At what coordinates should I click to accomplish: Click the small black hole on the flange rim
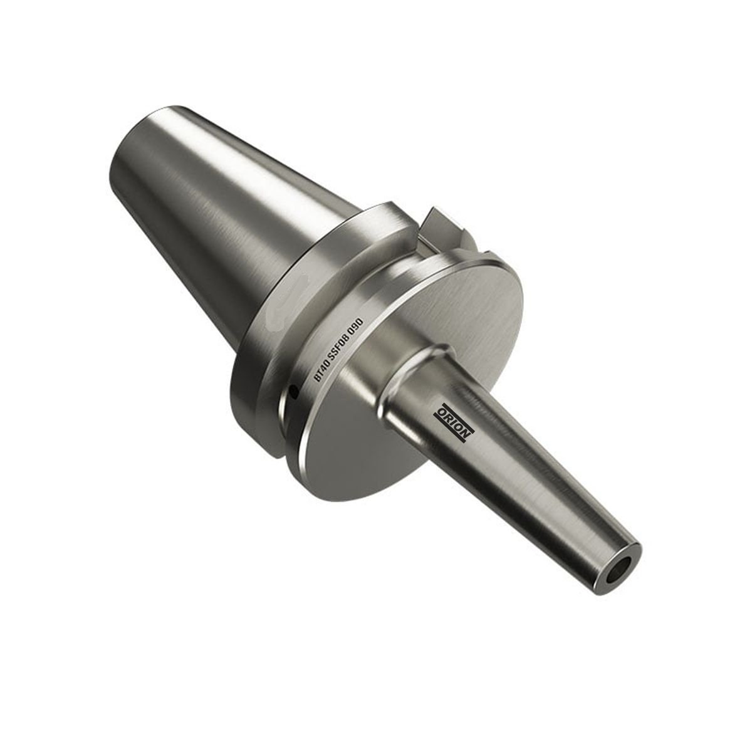point(294,394)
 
